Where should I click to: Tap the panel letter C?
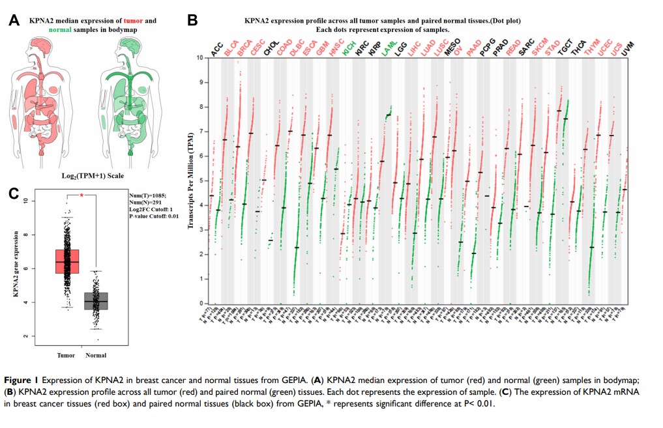coord(13,193)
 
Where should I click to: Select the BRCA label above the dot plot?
coord(244,48)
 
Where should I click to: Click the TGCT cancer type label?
coord(566,48)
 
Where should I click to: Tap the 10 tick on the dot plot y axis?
coord(203,58)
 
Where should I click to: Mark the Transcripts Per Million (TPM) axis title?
coord(192,180)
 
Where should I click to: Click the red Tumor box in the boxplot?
coord(67,261)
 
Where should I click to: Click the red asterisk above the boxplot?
coord(82,195)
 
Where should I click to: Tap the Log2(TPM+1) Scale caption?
coord(83,175)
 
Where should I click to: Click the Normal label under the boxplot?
coord(96,355)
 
